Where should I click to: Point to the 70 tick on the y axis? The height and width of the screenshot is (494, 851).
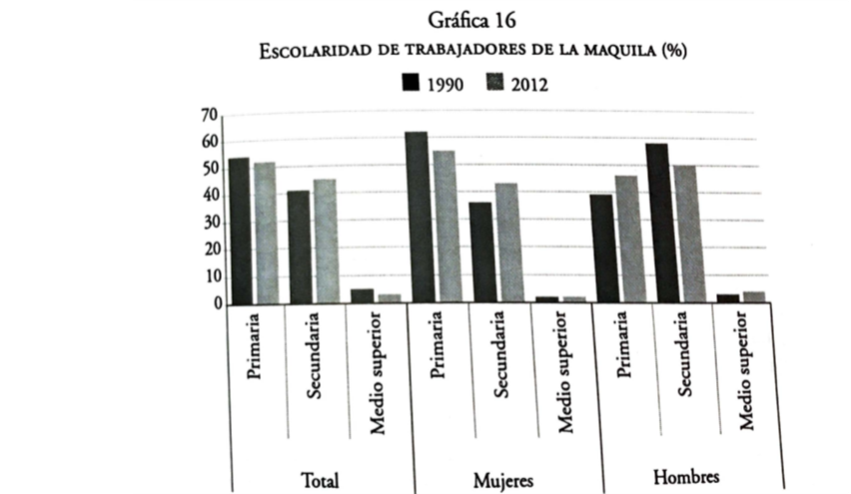coord(209,116)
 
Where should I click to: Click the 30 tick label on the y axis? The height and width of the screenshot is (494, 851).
coord(209,224)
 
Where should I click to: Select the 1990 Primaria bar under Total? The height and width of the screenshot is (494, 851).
coord(239,231)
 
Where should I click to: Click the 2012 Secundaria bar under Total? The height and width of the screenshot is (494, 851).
coord(325,242)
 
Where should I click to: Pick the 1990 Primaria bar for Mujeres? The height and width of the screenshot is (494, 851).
coord(417,218)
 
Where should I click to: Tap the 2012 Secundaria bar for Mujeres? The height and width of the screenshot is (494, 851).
coord(505,244)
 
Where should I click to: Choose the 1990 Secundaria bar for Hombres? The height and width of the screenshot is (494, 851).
coord(657,224)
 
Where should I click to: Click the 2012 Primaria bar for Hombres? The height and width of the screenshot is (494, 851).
coord(626,240)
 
